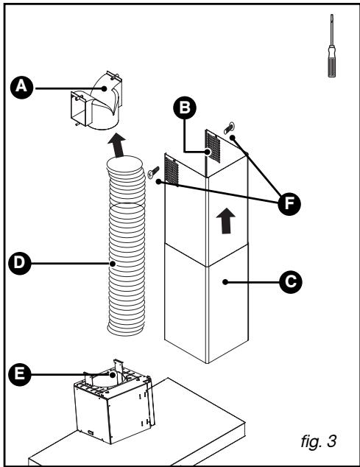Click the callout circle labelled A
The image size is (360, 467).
[21, 87]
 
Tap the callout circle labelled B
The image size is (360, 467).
[185, 108]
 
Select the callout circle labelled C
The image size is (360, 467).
[291, 282]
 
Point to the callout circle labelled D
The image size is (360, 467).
[20, 263]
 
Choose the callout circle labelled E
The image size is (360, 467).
[20, 374]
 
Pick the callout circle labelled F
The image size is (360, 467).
[289, 204]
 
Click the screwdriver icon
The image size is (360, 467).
[332, 46]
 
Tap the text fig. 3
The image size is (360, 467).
[318, 440]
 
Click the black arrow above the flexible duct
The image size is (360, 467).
[117, 145]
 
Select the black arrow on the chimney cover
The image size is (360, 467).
[226, 221]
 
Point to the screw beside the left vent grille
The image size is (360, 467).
[153, 172]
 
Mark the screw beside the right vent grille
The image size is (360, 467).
[229, 128]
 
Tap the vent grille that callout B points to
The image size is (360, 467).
[213, 147]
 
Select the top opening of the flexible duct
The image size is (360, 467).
[124, 164]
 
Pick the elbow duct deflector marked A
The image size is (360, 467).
[96, 100]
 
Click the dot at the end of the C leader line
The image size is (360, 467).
[225, 282]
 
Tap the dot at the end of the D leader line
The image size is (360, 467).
[113, 264]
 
